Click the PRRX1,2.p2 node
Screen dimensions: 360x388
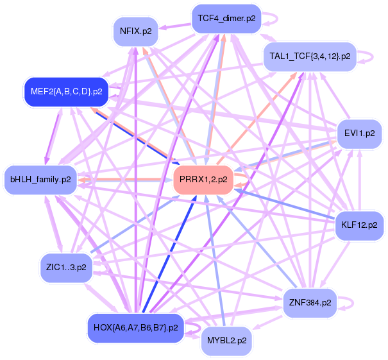[x=203, y=180]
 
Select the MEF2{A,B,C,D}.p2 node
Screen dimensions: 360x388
[x=66, y=91]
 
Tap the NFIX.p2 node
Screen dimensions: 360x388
[x=135, y=31]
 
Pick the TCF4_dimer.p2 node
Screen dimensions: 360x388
[x=226, y=19]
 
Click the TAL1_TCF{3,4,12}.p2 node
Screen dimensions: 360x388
[x=310, y=56]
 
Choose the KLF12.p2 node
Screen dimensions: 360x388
[x=359, y=225]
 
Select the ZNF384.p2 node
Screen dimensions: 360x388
[x=310, y=301]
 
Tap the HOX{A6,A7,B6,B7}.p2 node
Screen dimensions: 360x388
[x=135, y=327]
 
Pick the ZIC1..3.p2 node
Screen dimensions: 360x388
[x=66, y=266]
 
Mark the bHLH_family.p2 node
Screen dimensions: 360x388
[x=40, y=179]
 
